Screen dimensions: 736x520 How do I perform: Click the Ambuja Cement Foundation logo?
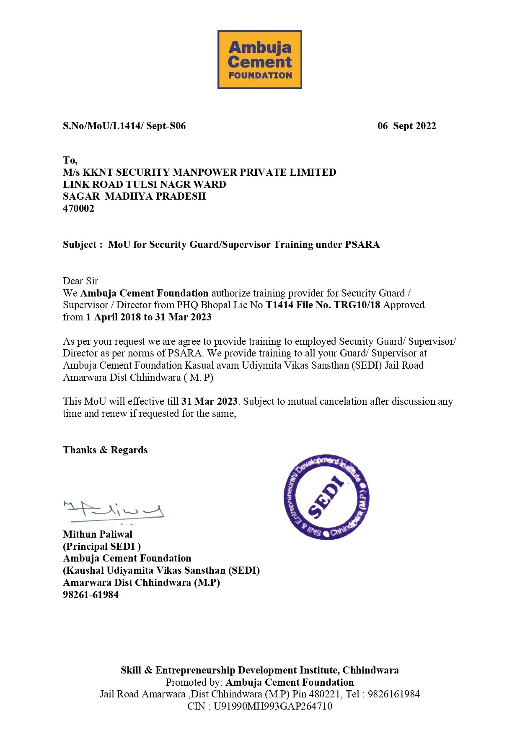(x=259, y=60)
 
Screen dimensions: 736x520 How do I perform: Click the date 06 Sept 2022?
(x=406, y=126)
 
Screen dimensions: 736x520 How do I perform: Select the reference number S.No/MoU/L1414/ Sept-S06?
(x=124, y=126)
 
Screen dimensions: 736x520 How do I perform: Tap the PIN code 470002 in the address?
(x=78, y=208)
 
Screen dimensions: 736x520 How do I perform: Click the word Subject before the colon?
(x=80, y=244)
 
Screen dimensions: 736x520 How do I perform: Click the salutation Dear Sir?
(x=80, y=281)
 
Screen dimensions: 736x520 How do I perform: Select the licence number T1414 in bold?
(x=279, y=305)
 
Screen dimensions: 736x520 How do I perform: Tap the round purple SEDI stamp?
(x=326, y=497)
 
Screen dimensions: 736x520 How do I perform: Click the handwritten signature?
(x=114, y=511)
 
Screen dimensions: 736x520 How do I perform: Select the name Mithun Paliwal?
(x=98, y=534)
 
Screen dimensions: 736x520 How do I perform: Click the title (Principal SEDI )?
(x=102, y=546)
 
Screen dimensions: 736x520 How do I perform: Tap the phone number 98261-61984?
(x=91, y=595)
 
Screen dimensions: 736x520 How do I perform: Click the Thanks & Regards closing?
(x=105, y=450)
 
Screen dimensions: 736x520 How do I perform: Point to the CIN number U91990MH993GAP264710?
(x=273, y=706)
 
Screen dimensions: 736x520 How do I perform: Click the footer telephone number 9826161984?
(x=393, y=694)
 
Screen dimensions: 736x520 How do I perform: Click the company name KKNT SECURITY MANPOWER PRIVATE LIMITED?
(x=209, y=172)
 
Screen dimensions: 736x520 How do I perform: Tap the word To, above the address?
(x=70, y=160)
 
